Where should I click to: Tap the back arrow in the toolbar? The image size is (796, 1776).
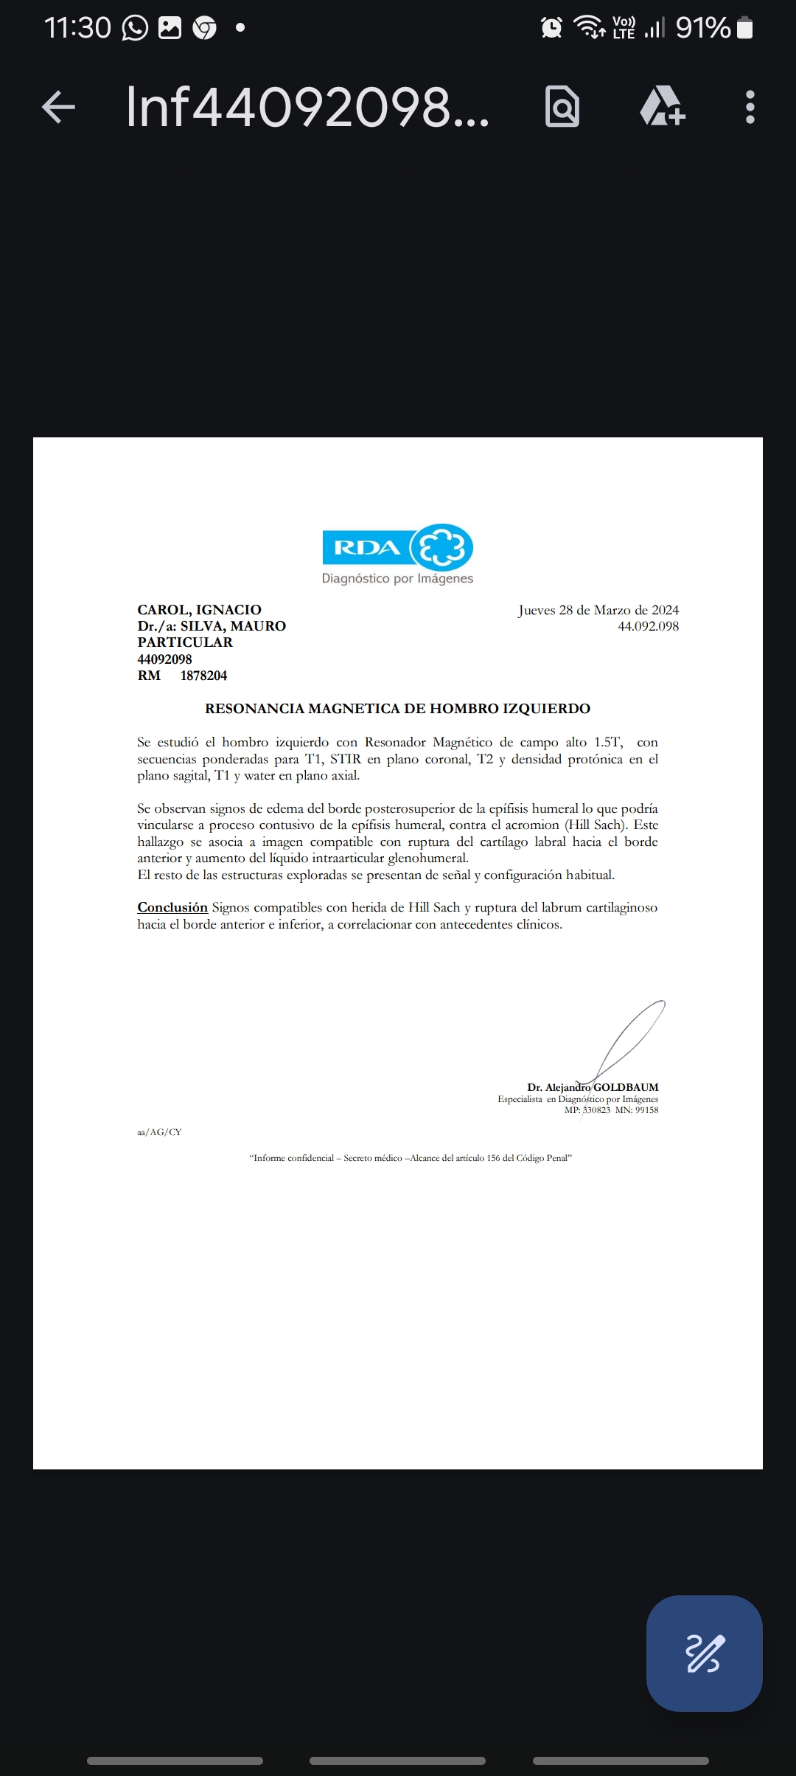59,107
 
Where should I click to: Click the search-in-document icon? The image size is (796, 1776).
562,107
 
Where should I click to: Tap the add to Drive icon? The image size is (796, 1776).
662,107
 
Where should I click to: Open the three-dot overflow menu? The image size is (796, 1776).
750,107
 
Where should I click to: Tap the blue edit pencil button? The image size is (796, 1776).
704,1653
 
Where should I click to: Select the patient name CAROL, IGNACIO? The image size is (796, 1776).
199,610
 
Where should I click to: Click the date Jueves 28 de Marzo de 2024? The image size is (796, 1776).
598,610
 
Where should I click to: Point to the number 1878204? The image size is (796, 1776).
203,676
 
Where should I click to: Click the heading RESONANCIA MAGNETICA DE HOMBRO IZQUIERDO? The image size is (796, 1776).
397,709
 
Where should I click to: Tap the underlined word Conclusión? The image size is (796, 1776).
172,907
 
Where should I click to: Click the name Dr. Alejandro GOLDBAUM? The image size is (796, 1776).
593,1087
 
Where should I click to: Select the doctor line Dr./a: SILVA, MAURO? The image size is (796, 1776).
212,626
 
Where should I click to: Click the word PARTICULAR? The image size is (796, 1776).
185,642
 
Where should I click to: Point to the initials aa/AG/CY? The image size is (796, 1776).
159,1132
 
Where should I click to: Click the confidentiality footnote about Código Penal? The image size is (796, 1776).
411,1158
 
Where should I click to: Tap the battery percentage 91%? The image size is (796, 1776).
702,28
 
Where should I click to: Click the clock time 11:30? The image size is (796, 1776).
77,28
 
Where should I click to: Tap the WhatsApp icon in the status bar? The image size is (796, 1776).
135,28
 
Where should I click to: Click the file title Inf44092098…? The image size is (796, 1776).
307,107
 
